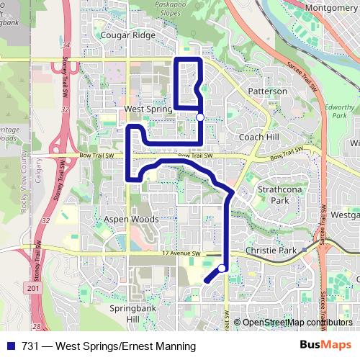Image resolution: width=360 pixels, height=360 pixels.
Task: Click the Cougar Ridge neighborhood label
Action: click(127, 34)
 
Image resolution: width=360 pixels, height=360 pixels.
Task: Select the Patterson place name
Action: click(267, 91)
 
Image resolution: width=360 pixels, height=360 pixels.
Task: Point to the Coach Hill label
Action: click(258, 137)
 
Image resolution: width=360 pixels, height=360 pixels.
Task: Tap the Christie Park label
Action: click(271, 251)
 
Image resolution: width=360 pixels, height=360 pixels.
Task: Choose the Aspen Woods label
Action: click(131, 219)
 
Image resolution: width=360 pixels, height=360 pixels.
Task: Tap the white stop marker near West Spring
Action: click(199, 117)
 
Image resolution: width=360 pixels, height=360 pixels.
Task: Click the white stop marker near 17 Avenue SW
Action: click(222, 269)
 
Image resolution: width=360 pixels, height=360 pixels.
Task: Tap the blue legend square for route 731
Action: click(10, 346)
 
